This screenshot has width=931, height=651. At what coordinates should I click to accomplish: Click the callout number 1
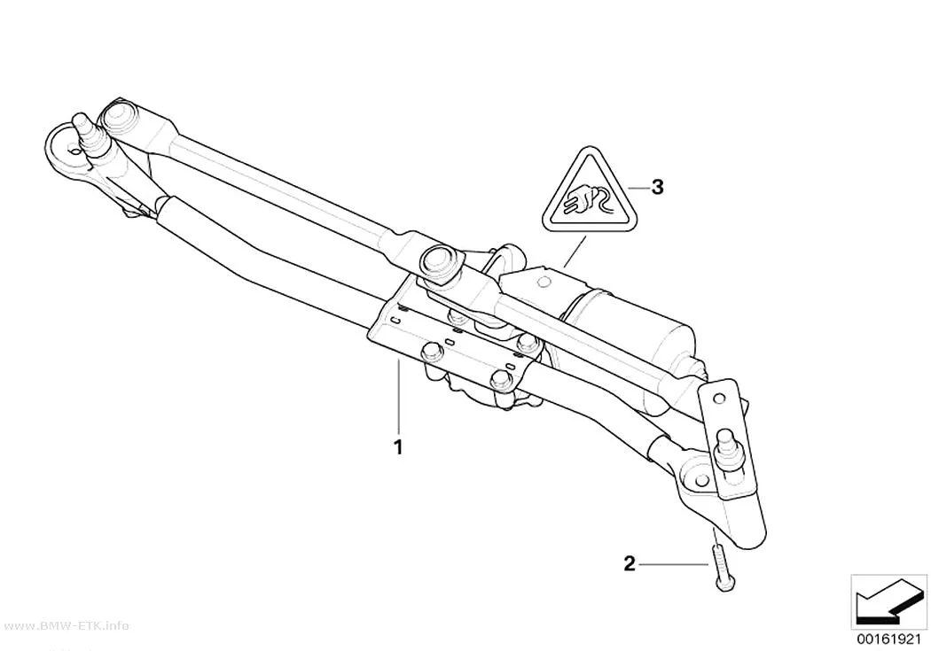(399, 446)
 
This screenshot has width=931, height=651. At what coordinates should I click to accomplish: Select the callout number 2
(630, 562)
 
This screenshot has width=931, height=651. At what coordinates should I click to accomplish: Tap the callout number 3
(657, 188)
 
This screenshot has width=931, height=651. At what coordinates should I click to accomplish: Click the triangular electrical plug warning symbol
(590, 193)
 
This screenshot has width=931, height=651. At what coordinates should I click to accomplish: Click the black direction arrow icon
(888, 606)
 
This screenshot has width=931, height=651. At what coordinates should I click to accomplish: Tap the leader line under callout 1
(399, 397)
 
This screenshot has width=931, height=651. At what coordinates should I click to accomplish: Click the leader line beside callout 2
(674, 563)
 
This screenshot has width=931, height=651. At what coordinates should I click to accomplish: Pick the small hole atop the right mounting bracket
(720, 399)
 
